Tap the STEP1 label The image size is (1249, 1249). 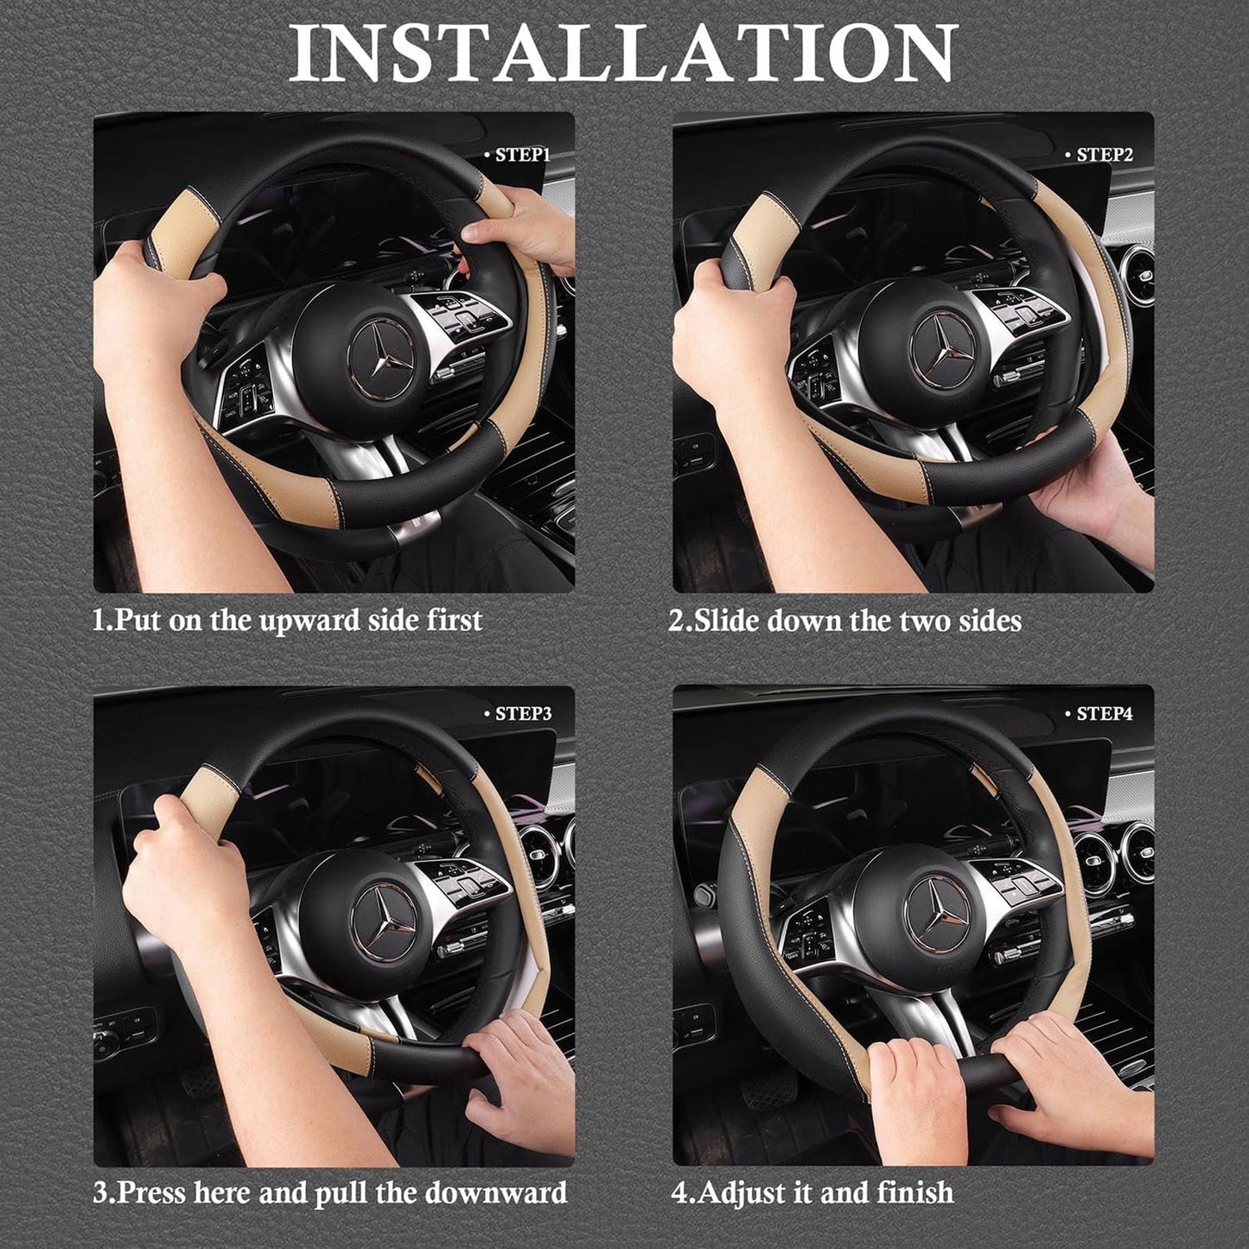522,156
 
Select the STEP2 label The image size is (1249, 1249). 1104,156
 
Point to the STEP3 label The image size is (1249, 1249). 523,714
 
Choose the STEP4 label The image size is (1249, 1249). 1104,714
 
